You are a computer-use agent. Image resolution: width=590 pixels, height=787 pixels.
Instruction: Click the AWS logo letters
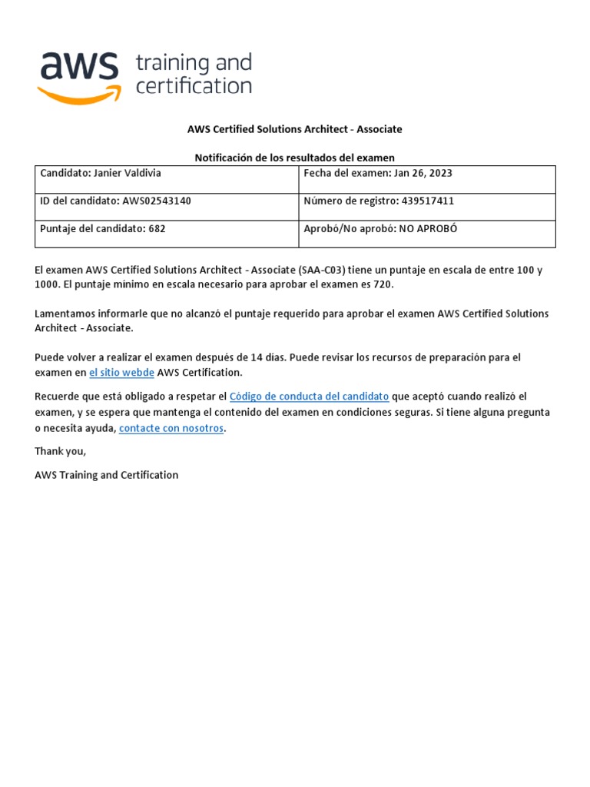(78, 67)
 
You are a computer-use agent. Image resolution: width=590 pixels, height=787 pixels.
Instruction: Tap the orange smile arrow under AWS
(80, 95)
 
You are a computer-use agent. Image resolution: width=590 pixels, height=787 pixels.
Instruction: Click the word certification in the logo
(194, 86)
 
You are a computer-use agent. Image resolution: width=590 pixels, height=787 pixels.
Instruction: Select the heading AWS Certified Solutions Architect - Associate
(294, 129)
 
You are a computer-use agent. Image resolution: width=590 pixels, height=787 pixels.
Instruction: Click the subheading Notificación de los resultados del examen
(294, 158)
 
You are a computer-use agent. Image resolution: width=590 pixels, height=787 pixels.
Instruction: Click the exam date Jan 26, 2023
(423, 174)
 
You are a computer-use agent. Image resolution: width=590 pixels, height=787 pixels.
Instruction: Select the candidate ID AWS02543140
(157, 201)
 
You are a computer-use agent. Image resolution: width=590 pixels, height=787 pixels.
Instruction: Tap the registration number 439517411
(422, 201)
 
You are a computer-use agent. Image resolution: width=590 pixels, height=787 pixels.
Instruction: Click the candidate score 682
(157, 229)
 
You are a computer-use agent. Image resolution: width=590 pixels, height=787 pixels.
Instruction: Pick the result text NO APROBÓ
(428, 229)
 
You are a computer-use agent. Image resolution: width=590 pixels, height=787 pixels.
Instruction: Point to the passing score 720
(383, 285)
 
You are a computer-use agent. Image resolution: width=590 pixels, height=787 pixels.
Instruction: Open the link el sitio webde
(121, 373)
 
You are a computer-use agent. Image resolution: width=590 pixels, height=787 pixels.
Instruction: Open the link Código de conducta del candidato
(309, 397)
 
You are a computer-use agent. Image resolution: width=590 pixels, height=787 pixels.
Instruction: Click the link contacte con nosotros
(171, 428)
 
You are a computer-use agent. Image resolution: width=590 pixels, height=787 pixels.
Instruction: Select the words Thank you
(61, 452)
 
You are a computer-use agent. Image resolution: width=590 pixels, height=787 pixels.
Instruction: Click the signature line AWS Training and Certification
(107, 476)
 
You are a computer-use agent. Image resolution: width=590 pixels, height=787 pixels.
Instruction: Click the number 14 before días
(250, 357)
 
